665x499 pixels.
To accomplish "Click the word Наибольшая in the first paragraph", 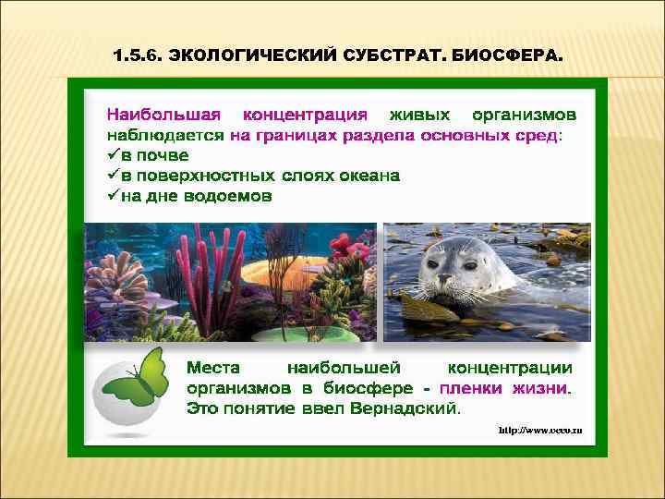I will click(x=163, y=116).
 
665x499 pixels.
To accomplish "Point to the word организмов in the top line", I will click(x=524, y=116).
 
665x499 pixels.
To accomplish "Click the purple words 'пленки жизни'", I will click(x=505, y=387).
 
